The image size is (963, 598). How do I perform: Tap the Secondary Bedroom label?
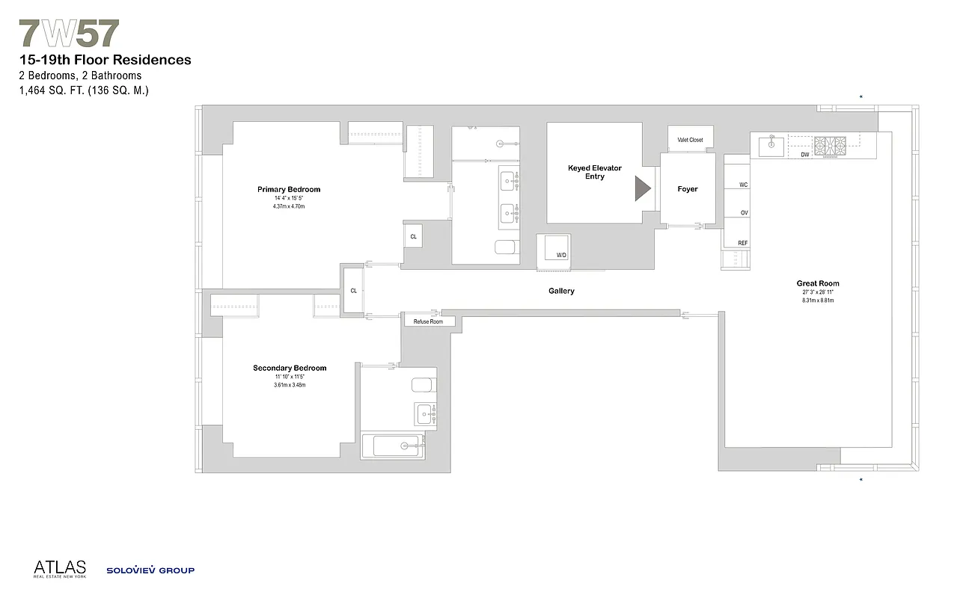(x=290, y=368)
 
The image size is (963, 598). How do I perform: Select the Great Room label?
(x=817, y=283)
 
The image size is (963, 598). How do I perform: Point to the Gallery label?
(x=561, y=291)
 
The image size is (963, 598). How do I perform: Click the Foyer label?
(x=687, y=189)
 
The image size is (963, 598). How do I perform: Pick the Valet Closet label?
(x=690, y=140)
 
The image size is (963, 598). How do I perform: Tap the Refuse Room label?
(x=424, y=321)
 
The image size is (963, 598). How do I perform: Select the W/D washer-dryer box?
(x=554, y=248)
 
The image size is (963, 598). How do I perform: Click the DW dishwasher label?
(x=805, y=155)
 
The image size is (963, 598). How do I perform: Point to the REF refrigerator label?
(x=742, y=243)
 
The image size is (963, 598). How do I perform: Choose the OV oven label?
(x=744, y=213)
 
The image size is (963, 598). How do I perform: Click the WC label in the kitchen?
(x=743, y=184)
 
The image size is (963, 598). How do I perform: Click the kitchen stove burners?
(x=829, y=144)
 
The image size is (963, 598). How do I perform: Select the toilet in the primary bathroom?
(x=507, y=247)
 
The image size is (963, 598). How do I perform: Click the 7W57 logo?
(x=69, y=34)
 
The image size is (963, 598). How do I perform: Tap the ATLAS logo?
(x=60, y=569)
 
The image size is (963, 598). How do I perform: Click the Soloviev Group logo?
(x=150, y=570)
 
